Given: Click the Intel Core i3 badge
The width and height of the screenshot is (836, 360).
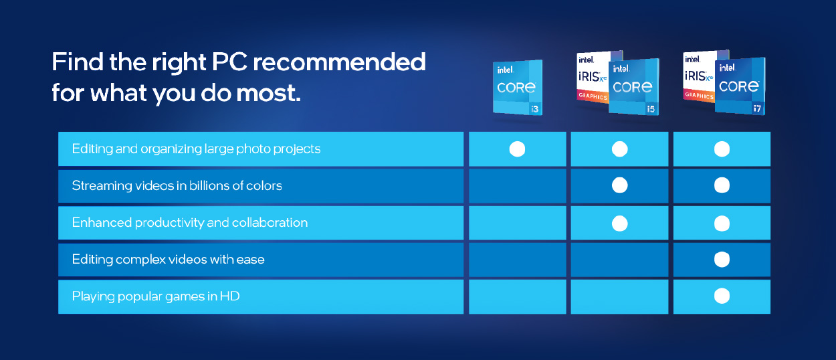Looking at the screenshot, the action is point(518,88).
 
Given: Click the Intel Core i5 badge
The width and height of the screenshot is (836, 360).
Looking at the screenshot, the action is point(634,86).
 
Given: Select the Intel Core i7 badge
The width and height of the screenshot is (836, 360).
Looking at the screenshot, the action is point(740,86).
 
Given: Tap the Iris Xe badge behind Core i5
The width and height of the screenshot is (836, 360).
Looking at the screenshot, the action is point(593,76).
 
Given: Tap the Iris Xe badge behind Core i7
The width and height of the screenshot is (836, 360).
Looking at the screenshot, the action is point(699,76).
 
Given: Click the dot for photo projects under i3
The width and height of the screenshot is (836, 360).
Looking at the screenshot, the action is point(517,149).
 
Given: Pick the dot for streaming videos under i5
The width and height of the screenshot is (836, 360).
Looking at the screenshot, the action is point(619,185).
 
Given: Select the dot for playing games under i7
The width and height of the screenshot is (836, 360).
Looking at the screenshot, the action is point(722,296).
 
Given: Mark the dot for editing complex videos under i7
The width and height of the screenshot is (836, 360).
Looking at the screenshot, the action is point(722,260).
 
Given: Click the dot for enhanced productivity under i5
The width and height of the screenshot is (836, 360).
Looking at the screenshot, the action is point(619,223).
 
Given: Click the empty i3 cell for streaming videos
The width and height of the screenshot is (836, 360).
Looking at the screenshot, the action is point(517,185).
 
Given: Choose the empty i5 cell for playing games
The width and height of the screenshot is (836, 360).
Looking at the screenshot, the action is point(619,296).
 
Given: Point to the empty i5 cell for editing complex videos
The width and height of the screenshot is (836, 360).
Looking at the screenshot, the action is point(619,260).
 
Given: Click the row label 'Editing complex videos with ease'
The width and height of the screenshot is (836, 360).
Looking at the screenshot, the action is point(169,260).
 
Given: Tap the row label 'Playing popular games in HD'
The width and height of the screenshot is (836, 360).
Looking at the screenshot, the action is point(156,296).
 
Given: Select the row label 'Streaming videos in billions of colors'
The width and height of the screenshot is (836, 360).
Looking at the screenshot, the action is point(177,185).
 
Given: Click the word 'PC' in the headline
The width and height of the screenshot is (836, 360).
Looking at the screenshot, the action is point(229,62).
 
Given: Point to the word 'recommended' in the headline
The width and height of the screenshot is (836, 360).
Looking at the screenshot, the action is point(339,62).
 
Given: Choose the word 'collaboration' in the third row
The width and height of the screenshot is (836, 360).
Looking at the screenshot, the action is point(270,223).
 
